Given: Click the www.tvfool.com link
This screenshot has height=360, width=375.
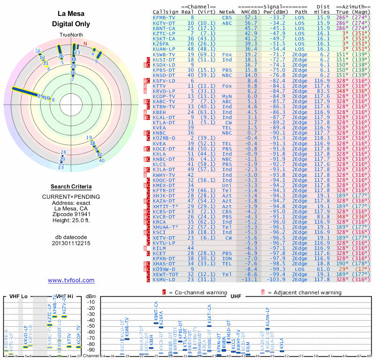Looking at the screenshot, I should coord(71,280).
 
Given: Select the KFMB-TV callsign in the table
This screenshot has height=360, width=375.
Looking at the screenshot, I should coord(164,17).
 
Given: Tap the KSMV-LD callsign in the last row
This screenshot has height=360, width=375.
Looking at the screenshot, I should coord(164,279).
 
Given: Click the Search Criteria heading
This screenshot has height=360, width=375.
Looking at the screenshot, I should coord(71,187).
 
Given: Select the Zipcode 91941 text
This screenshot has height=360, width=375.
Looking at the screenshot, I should coord(71,215).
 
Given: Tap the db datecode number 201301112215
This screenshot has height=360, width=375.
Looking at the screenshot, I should coord(71,243).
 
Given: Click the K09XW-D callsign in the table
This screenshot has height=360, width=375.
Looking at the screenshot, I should coord(164,269).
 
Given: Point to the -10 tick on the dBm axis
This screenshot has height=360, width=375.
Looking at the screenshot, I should coord(91,302).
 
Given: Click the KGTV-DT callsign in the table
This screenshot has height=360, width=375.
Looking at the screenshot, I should coord(164,22).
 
